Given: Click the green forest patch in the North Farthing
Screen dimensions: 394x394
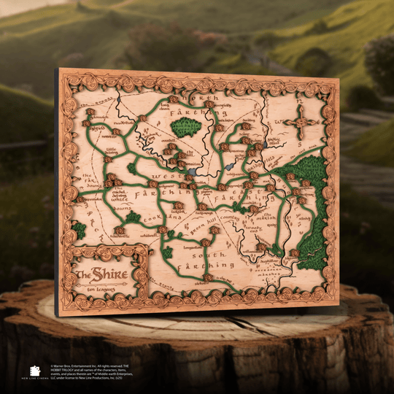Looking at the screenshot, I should [x=186, y=128].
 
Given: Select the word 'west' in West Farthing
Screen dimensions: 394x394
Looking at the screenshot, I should [x=167, y=182].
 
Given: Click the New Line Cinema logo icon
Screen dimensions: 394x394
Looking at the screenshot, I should [x=34, y=371].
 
